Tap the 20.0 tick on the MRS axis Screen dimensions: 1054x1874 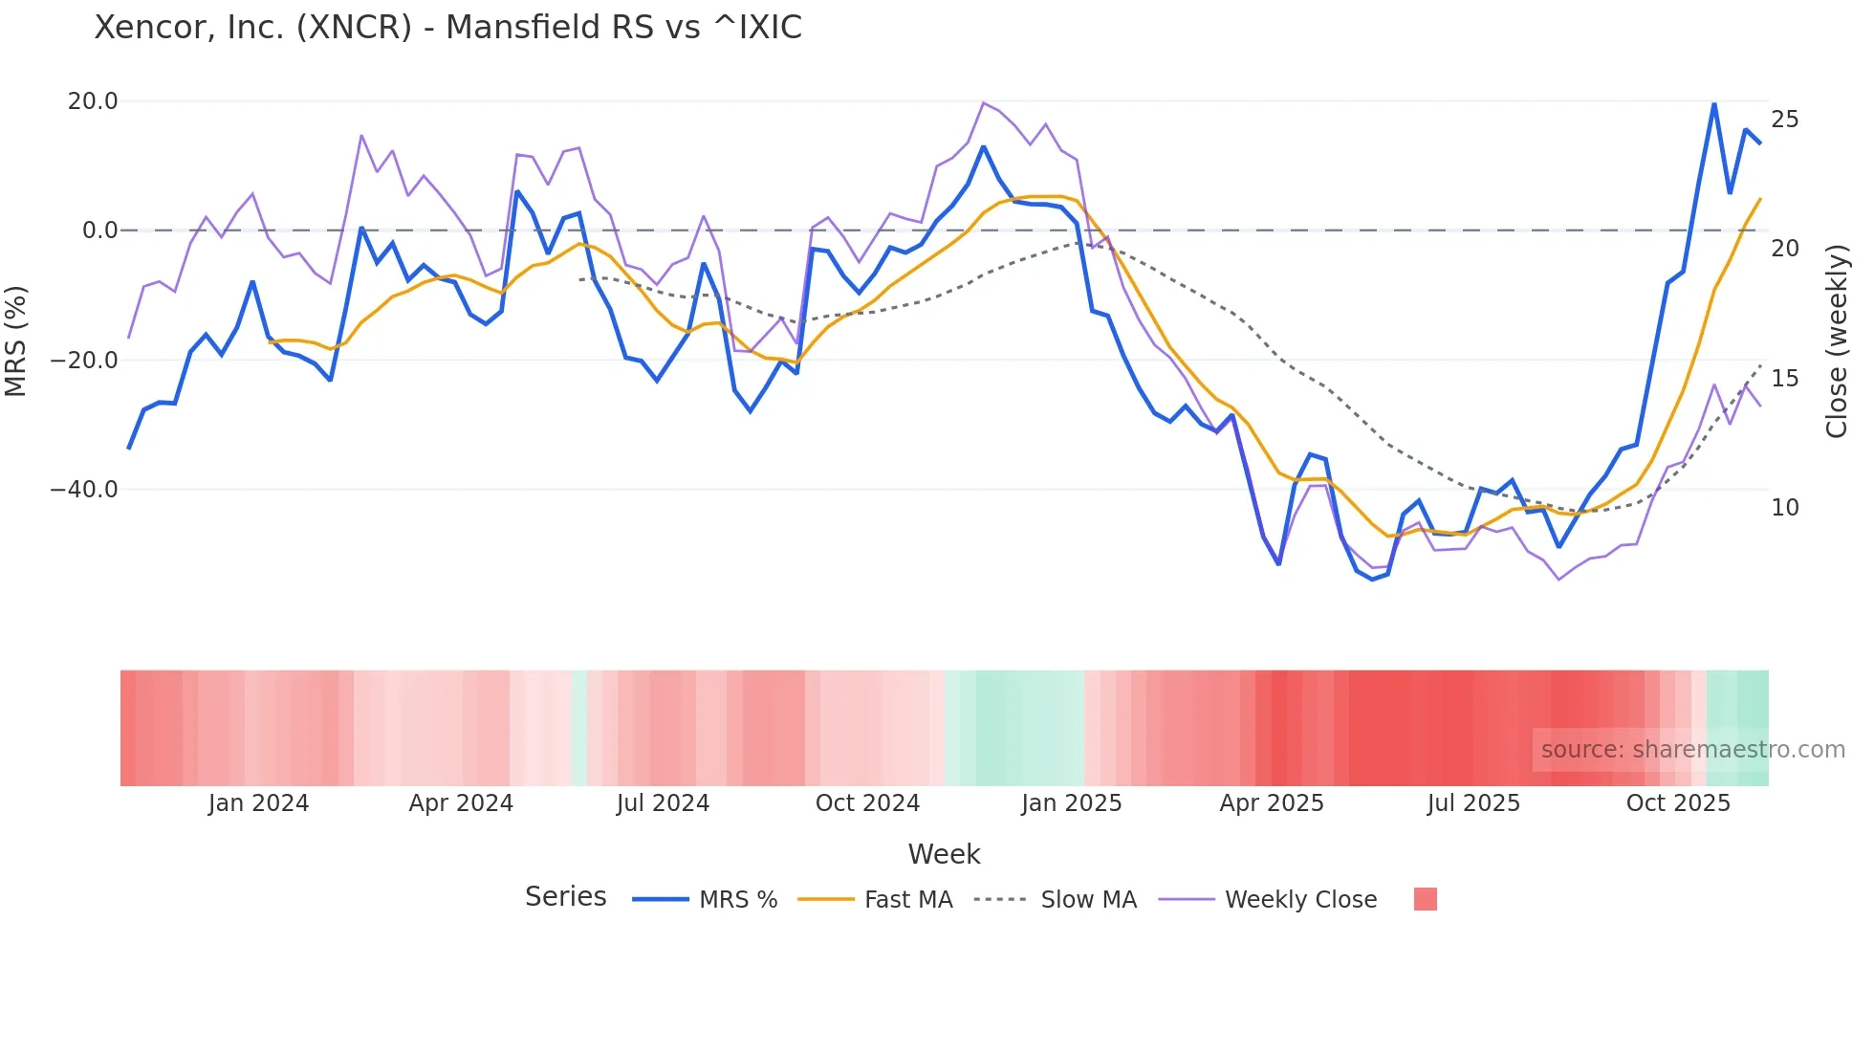pos(93,101)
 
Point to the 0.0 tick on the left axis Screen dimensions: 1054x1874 pos(100,231)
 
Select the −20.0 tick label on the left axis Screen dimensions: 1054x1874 pos(84,361)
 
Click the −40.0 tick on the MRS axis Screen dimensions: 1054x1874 pos(84,490)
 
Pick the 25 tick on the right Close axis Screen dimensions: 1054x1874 pos(1784,120)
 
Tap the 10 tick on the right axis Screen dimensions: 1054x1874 pos(1784,508)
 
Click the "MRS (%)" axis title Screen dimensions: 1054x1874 pos(16,341)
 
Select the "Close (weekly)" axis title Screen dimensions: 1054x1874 pos(1837,341)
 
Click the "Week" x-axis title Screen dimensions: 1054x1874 pos(944,854)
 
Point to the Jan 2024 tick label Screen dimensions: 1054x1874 pos(258,803)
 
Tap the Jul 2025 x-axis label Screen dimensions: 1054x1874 pos(1473,803)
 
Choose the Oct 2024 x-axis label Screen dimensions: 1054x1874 pos(867,803)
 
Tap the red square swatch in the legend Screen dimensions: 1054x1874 pos(1425,899)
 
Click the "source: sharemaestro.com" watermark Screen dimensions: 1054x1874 pos(1692,750)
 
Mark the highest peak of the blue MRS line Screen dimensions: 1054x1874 pos(1714,103)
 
